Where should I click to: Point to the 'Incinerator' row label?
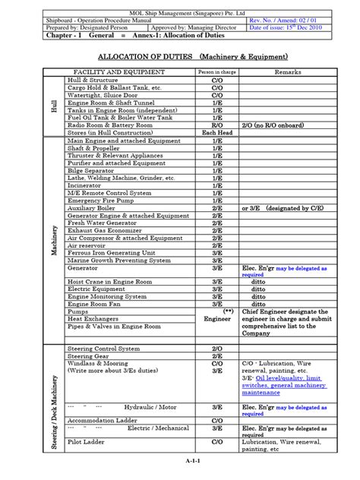tap(87, 185)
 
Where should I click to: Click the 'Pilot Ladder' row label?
tap(87, 441)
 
